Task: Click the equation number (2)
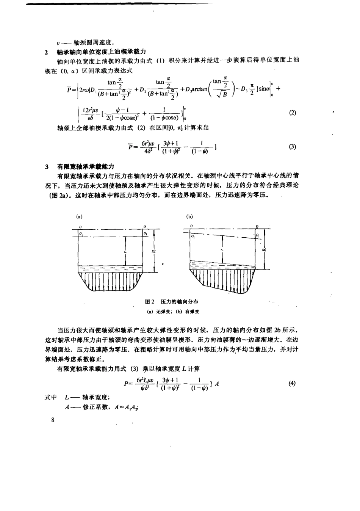(292, 113)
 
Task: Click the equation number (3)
(292, 147)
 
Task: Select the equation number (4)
(292, 383)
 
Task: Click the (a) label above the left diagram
(79, 217)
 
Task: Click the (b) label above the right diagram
(190, 217)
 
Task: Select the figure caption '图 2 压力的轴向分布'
(172, 302)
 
